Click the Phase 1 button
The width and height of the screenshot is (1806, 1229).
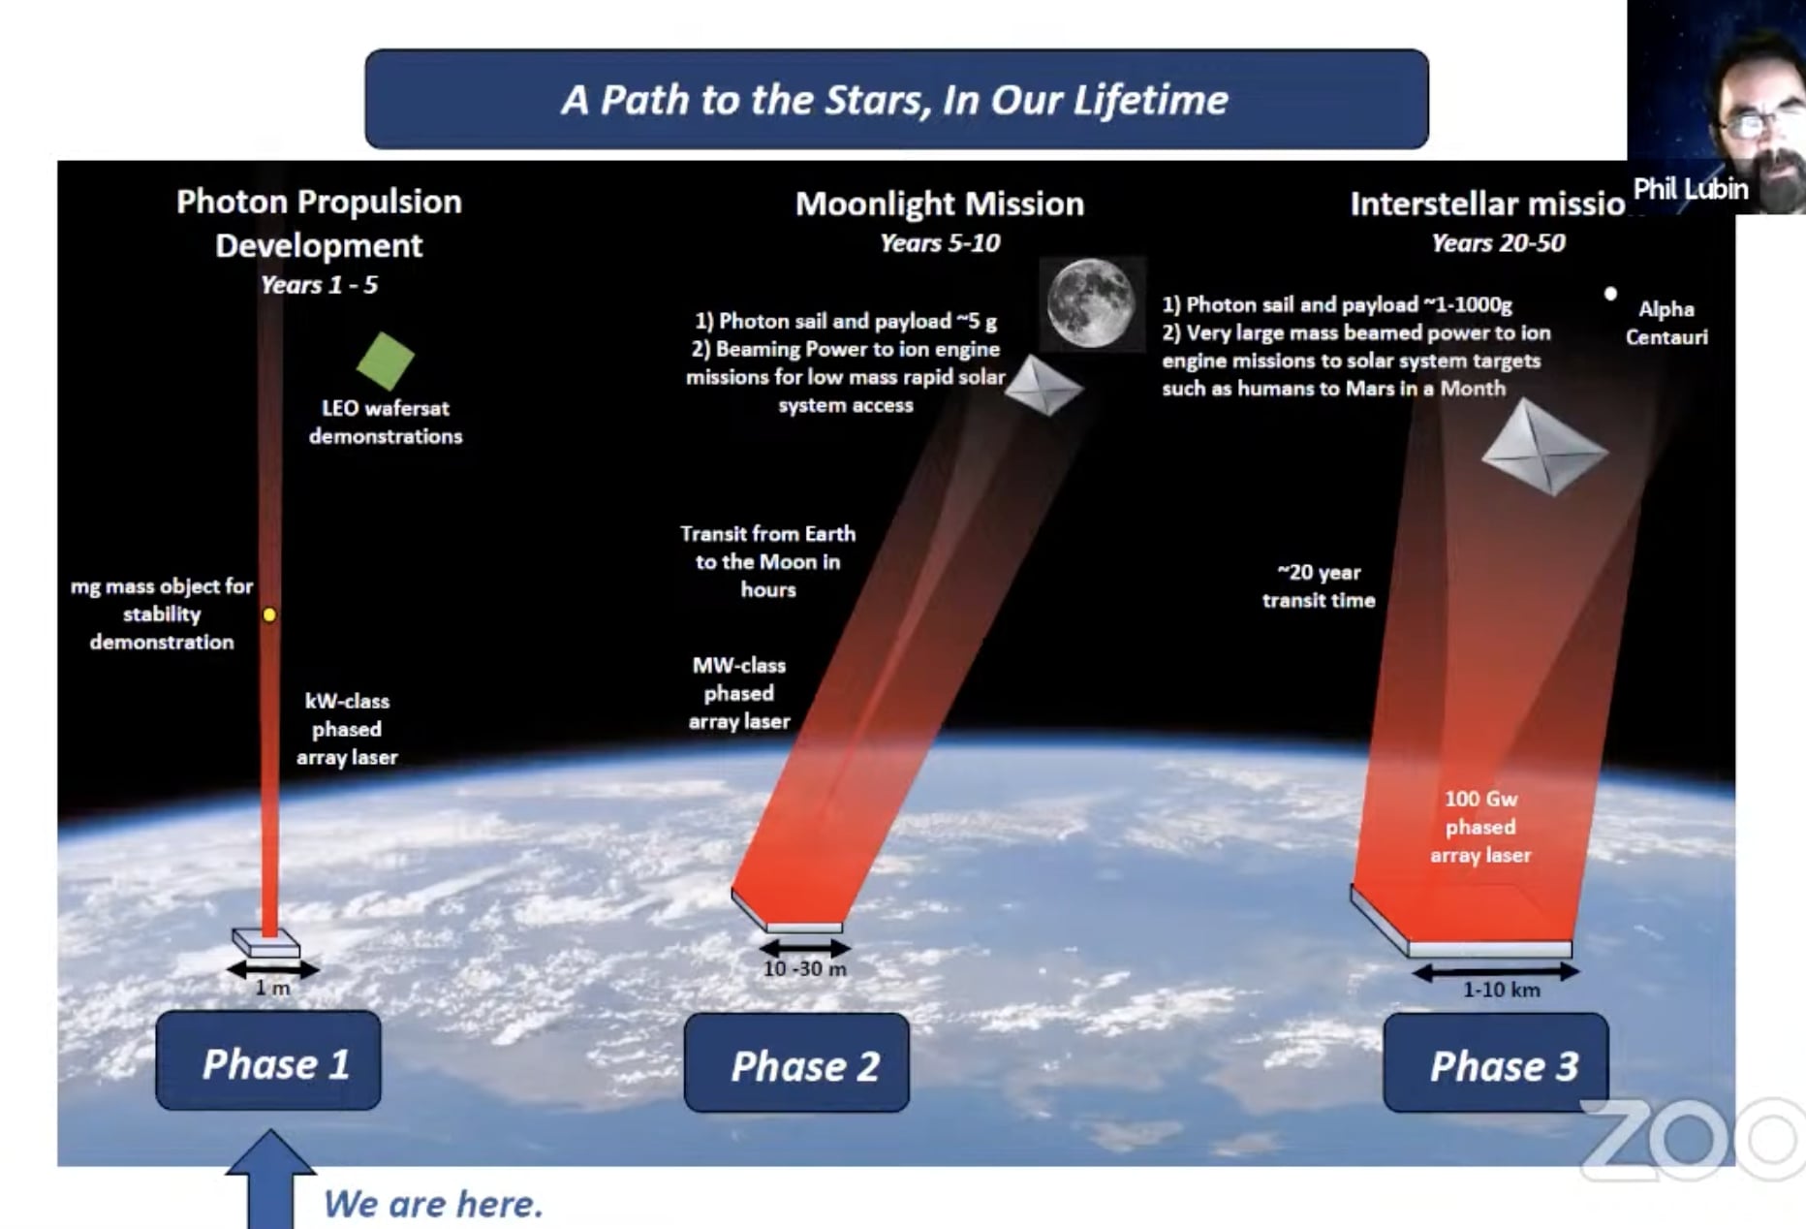tap(268, 1061)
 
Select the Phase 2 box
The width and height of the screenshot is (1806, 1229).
tap(796, 1064)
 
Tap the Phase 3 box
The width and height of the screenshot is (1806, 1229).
tap(1496, 1064)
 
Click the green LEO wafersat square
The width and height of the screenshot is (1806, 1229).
tap(386, 362)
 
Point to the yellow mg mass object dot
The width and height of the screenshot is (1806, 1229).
tap(269, 614)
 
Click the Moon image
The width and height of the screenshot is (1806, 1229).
tap(1091, 302)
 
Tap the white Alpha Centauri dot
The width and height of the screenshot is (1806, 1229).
tap(1610, 294)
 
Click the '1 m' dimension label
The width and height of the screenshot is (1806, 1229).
tap(272, 988)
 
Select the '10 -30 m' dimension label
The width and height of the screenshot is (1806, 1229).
tap(804, 968)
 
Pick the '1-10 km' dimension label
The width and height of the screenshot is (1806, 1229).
tap(1501, 990)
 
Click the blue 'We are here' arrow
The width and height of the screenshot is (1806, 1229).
tap(270, 1182)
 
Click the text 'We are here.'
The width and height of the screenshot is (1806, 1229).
tap(432, 1204)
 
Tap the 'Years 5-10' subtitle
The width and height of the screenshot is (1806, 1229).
tap(940, 243)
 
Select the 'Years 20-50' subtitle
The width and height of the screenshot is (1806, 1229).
tap(1498, 243)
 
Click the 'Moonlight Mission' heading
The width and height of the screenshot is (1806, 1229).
tap(940, 204)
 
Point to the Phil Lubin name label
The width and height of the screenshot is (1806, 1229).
tap(1690, 189)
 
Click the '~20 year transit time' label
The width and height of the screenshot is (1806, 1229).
tap(1319, 586)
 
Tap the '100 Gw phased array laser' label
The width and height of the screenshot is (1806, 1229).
tap(1480, 827)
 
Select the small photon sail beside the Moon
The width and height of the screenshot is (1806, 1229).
tap(1043, 386)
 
